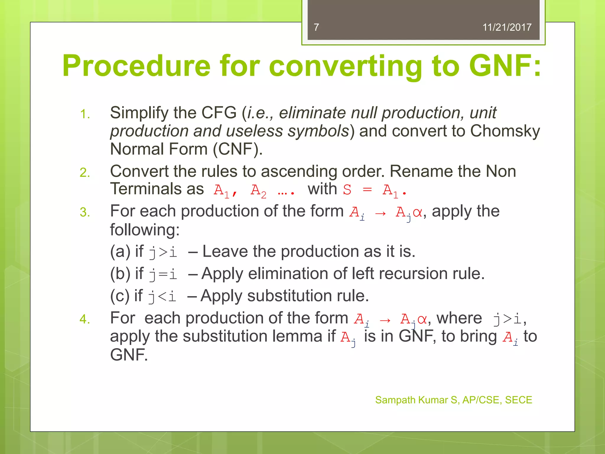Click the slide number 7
click(x=316, y=27)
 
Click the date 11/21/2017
click(x=507, y=27)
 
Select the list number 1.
click(x=85, y=114)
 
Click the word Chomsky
click(x=505, y=131)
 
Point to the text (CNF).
click(x=238, y=149)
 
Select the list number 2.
click(x=85, y=173)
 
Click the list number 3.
click(x=85, y=213)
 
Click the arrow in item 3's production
click(x=380, y=213)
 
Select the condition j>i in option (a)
click(x=163, y=252)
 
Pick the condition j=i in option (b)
click(x=163, y=274)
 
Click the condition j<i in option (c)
click(x=162, y=296)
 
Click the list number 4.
click(x=85, y=320)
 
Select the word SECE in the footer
click(x=518, y=400)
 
